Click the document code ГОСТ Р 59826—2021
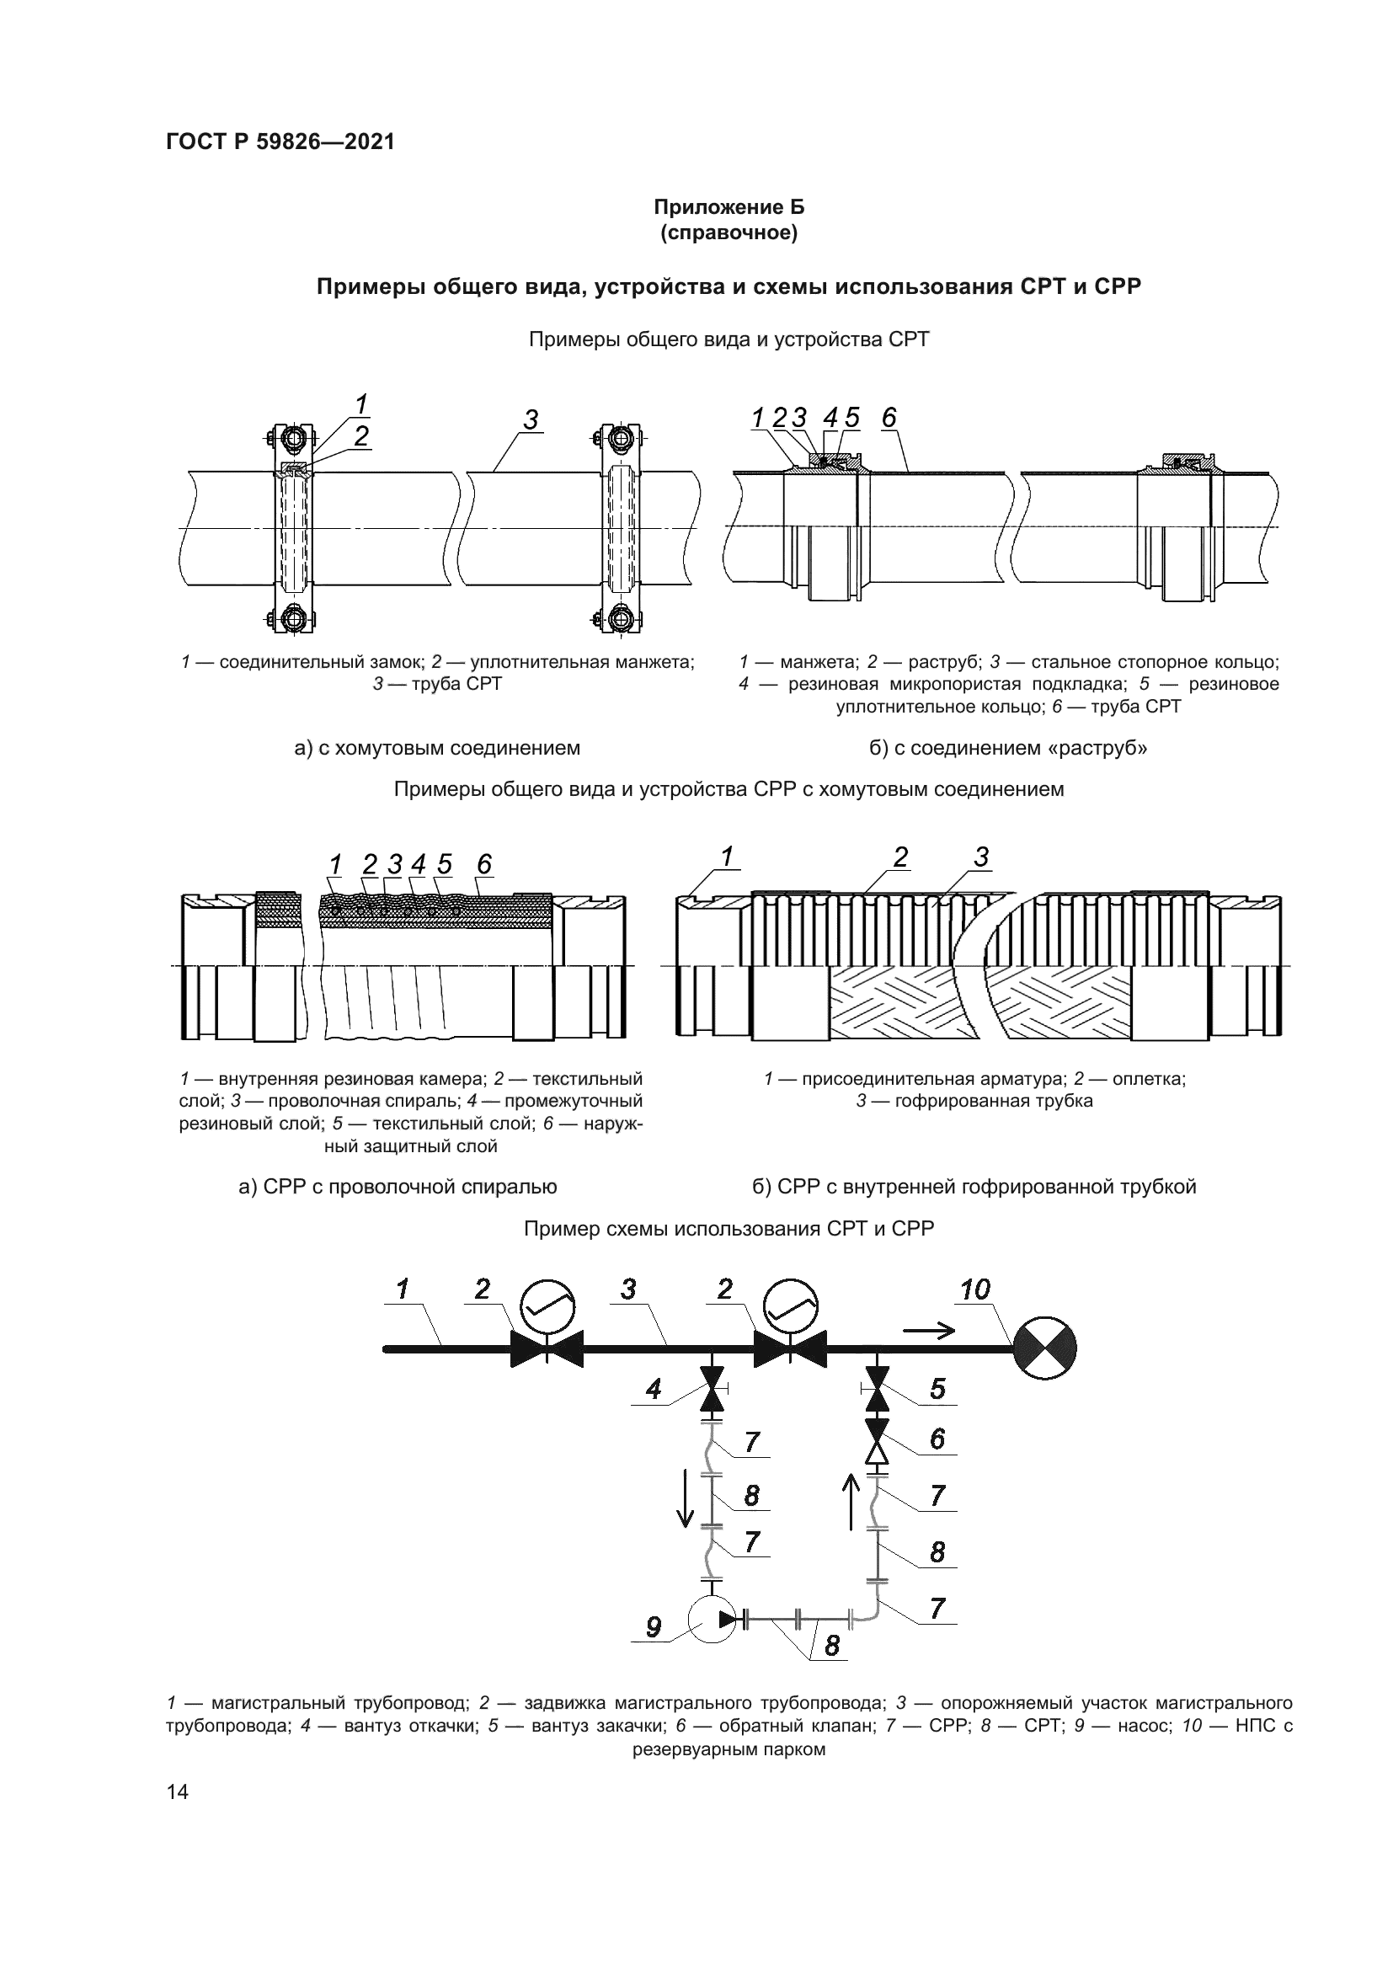[x=280, y=142]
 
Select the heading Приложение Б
[x=729, y=208]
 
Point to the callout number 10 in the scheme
[x=975, y=1314]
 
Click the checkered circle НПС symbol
[x=1044, y=1349]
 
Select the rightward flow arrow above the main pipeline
[x=928, y=1331]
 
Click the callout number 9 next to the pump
[x=653, y=1627]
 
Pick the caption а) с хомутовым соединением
[x=436, y=748]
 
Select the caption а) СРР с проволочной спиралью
[x=398, y=1187]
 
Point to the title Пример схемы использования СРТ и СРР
[x=729, y=1229]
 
